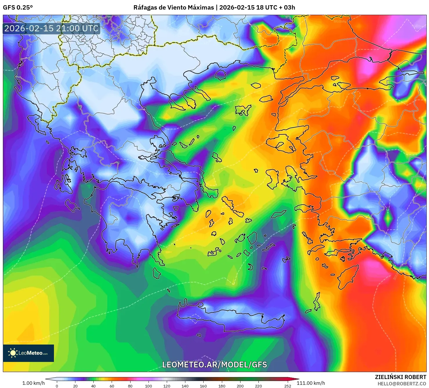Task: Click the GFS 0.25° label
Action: pos(18,8)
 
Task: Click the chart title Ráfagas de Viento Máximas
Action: pos(173,8)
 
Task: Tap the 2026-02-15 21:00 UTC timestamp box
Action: pos(51,28)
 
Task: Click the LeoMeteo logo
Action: pos(28,353)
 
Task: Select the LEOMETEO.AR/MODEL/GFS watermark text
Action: pos(214,365)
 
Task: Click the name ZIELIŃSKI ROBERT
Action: pos(400,377)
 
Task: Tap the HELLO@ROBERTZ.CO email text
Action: pos(401,384)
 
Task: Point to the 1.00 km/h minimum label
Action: pos(33,383)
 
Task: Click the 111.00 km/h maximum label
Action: pos(311,383)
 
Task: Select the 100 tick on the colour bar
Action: pos(148,386)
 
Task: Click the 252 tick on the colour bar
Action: pos(287,386)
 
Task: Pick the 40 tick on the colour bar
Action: pos(93,386)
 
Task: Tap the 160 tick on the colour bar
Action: pos(203,386)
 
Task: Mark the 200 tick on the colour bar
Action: pos(240,386)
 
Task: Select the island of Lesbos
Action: pos(281,144)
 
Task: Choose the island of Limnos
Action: pos(242,110)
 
